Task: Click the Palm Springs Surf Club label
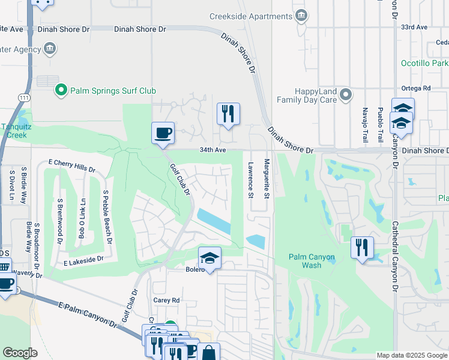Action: coord(113,91)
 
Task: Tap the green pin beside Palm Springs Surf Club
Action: coord(61,91)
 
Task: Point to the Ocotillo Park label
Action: coord(424,63)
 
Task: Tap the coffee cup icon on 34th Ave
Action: coord(163,133)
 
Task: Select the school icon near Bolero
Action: coord(210,258)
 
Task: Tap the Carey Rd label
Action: coord(166,300)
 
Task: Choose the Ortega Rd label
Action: coord(418,88)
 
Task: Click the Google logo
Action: coord(20,352)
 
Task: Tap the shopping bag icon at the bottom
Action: coord(209,352)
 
